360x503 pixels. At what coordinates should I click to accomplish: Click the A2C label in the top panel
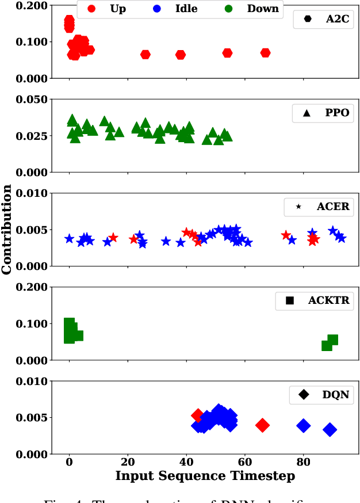[x=337, y=18]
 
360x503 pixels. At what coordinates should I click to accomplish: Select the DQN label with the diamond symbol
[x=324, y=394]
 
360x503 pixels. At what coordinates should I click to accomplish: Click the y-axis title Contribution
[x=7, y=229]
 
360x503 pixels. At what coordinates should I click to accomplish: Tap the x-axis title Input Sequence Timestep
[x=205, y=476]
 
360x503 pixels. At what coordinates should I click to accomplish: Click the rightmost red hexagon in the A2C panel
[x=265, y=53]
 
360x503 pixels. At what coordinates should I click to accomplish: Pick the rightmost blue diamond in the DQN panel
[x=330, y=429]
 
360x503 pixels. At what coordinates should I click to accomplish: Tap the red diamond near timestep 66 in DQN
[x=262, y=425]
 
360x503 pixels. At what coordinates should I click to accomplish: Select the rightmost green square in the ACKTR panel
[x=332, y=340]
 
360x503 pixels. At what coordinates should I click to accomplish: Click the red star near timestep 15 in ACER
[x=113, y=237]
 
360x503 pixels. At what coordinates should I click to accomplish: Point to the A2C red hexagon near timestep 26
[x=145, y=55]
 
